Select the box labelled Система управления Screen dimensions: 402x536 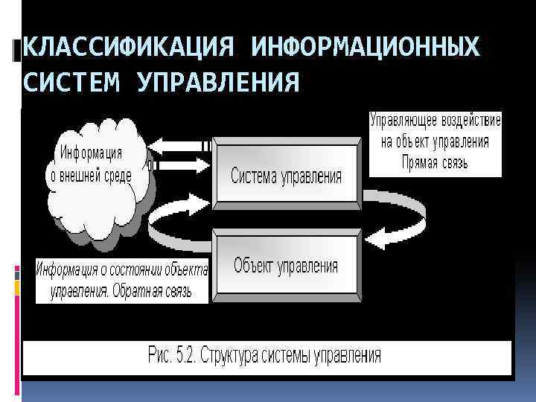tap(287, 175)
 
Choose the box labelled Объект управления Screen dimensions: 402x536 tap(287, 265)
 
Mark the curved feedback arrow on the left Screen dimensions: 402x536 tap(179, 223)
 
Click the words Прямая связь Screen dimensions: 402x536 tap(435, 163)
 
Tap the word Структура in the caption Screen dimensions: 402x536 tap(246, 355)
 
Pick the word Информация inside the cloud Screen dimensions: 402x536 tap(92, 153)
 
